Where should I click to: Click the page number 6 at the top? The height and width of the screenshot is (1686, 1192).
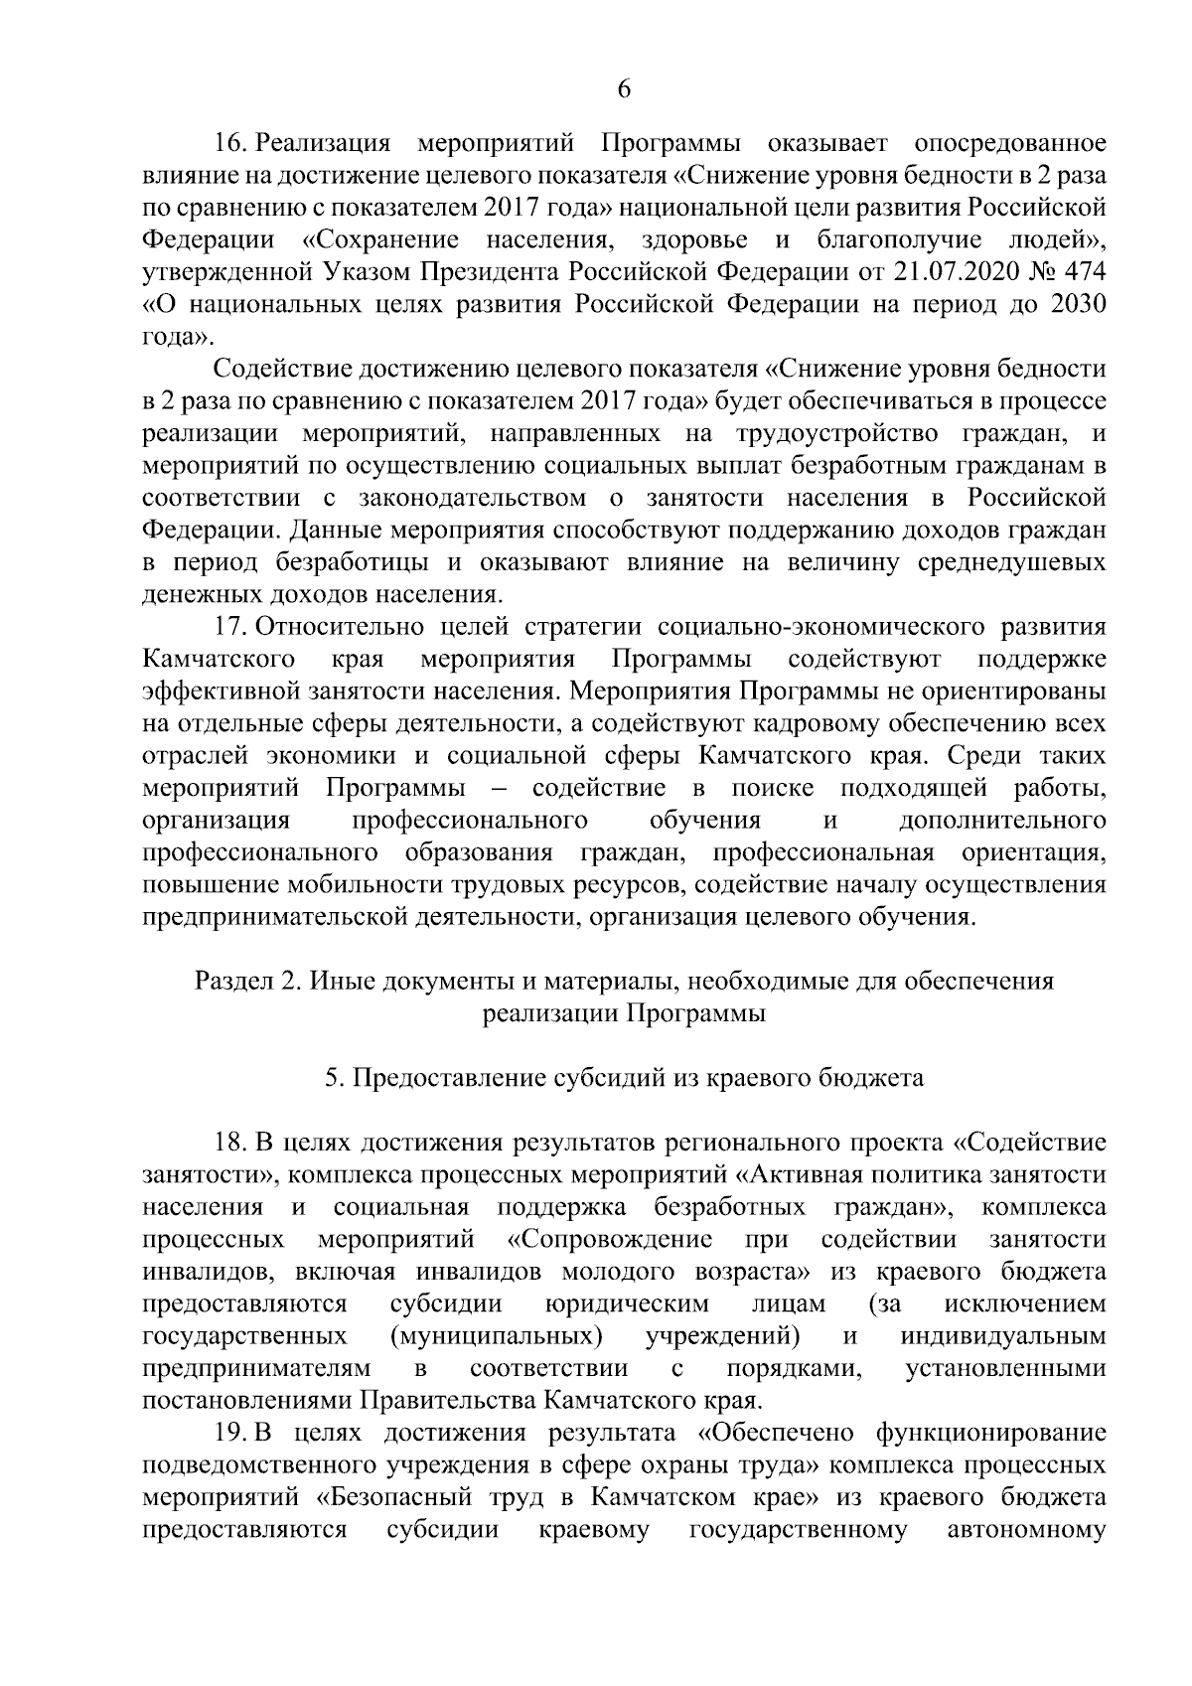coord(624,88)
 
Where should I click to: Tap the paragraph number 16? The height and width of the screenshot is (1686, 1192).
coord(230,144)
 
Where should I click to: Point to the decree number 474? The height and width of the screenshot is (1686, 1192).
coord(1082,272)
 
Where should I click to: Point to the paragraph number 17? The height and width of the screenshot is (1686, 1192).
coord(230,628)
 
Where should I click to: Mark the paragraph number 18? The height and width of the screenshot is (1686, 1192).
coord(230,1143)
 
